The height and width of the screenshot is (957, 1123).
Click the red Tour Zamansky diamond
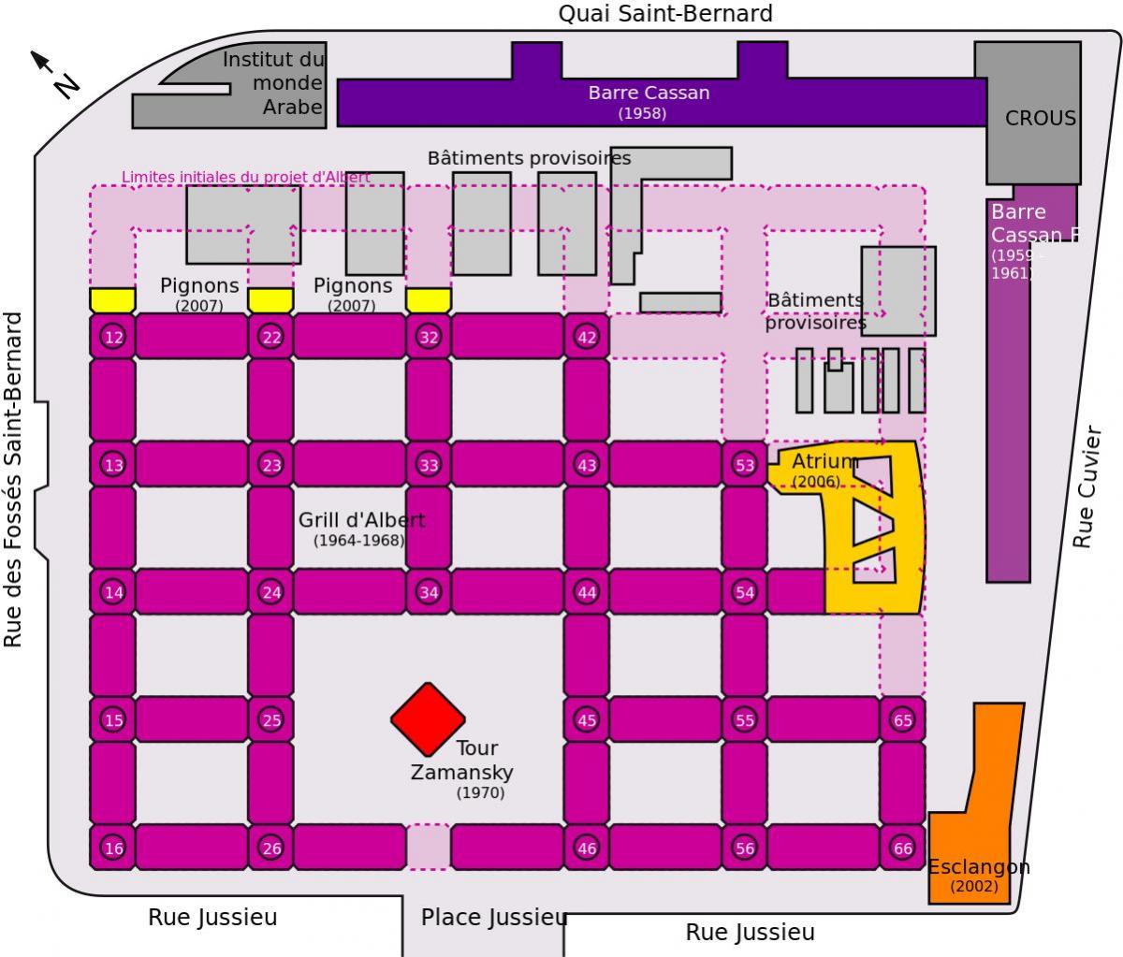[428, 719]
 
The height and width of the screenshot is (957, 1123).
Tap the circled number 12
[113, 337]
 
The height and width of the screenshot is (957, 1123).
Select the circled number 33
[429, 465]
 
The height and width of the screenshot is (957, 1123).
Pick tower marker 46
[587, 848]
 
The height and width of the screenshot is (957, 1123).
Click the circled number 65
[902, 720]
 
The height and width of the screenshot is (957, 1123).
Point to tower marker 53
[744, 465]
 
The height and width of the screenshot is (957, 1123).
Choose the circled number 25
[271, 720]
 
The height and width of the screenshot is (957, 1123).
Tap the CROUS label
[1040, 118]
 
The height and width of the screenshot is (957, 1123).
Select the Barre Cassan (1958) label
[649, 102]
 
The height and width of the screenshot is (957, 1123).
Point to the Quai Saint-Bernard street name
[665, 14]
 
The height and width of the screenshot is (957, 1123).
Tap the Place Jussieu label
[494, 918]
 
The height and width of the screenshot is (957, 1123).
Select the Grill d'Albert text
[361, 520]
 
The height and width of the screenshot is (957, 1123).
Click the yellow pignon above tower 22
[270, 300]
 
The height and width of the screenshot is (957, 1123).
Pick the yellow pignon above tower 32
[429, 300]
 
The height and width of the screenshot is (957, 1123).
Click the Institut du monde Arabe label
[273, 83]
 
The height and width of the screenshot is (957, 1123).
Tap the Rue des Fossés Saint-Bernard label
[12, 480]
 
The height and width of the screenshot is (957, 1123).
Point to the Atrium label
[825, 461]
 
